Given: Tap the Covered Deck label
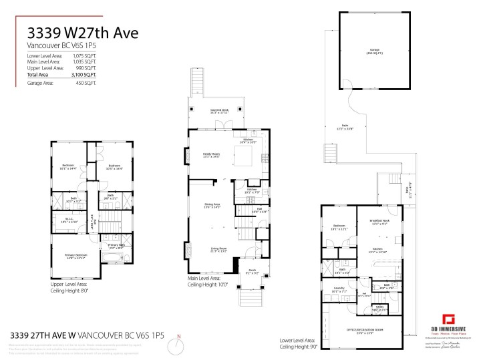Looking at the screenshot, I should click(x=220, y=111).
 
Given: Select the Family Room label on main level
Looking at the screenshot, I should click(x=211, y=155).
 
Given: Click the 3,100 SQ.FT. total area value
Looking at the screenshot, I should click(x=85, y=75).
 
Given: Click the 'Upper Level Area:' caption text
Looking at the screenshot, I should click(x=69, y=284).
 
